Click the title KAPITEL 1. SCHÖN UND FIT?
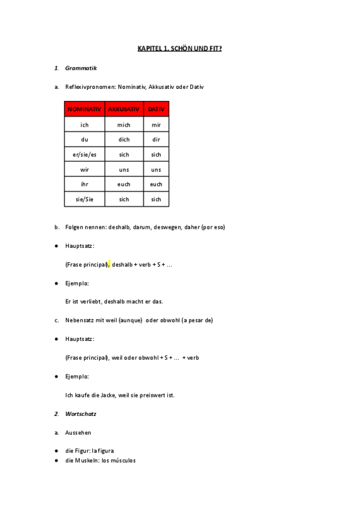click(x=179, y=48)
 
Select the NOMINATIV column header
click(x=84, y=109)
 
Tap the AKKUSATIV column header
click(x=124, y=109)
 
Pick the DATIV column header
click(x=156, y=109)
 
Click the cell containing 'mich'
click(x=124, y=125)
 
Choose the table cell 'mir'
click(x=156, y=125)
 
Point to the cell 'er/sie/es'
click(x=84, y=154)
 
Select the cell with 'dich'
click(x=124, y=139)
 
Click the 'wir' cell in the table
click(x=84, y=169)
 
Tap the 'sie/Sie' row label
click(x=84, y=199)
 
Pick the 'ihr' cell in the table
click(x=84, y=184)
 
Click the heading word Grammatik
click(x=81, y=68)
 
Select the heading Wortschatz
click(x=81, y=414)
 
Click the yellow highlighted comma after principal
click(x=109, y=264)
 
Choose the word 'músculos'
click(x=124, y=460)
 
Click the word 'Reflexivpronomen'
click(x=89, y=87)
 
